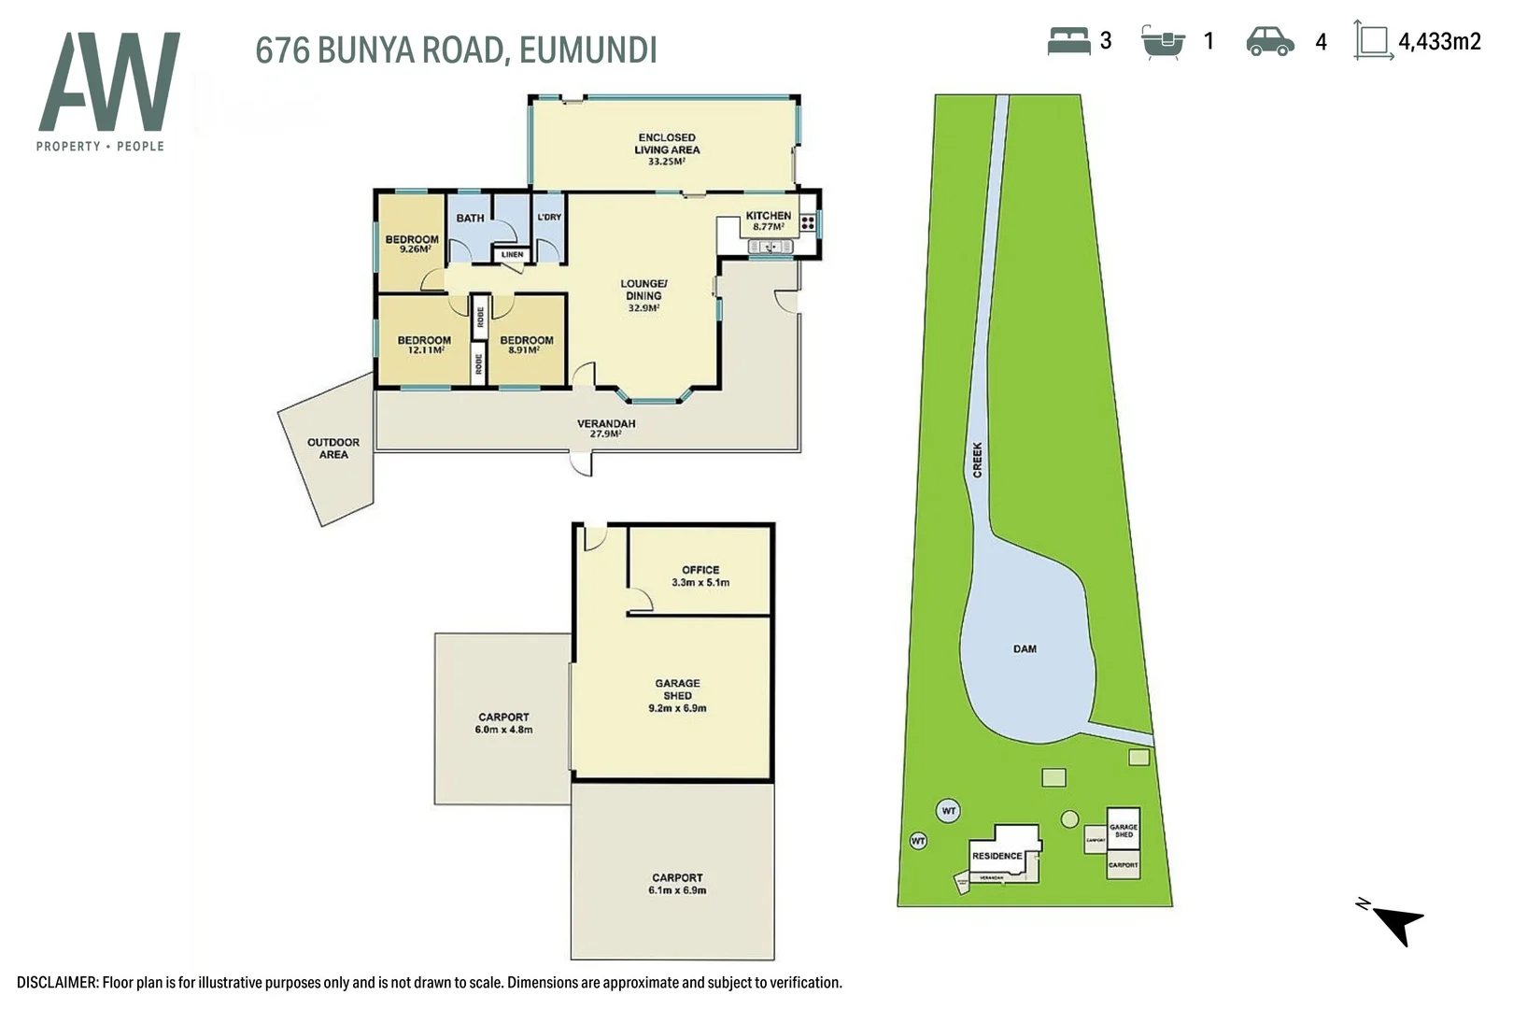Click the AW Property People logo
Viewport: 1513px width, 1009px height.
[108, 92]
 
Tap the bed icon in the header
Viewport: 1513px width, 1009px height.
[1068, 41]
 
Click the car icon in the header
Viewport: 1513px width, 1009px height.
[1269, 41]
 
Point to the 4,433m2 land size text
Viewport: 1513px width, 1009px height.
[1438, 41]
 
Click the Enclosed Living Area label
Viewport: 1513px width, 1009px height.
[667, 149]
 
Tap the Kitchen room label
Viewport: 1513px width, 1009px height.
[768, 220]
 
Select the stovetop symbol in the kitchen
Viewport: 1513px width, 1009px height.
[807, 222]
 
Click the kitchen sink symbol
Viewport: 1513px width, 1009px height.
[771, 247]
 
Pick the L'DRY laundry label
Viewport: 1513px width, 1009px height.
[549, 217]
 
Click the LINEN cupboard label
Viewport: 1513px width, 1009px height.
[512, 254]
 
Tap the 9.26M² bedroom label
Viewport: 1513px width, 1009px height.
[412, 244]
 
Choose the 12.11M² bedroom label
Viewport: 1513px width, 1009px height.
[424, 345]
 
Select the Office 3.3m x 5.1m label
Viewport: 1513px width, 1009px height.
[700, 576]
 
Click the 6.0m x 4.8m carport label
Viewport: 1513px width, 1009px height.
[503, 723]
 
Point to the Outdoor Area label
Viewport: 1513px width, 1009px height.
[333, 448]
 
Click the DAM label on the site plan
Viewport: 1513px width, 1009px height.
[1025, 648]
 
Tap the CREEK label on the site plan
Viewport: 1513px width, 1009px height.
[978, 460]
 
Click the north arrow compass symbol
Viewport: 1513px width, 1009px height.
[1394, 921]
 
